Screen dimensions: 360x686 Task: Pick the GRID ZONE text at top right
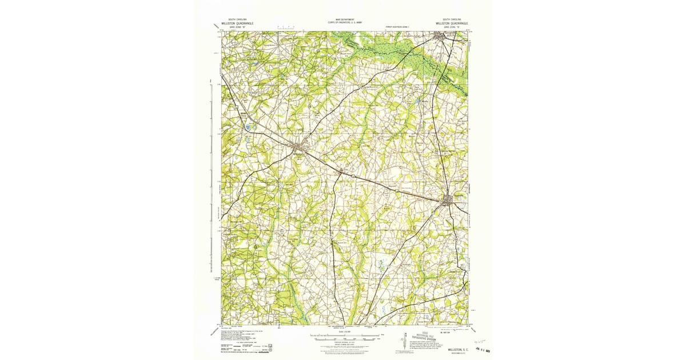[446, 26]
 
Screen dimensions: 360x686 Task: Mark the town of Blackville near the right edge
[449, 199]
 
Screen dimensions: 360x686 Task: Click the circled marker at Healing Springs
[437, 151]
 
